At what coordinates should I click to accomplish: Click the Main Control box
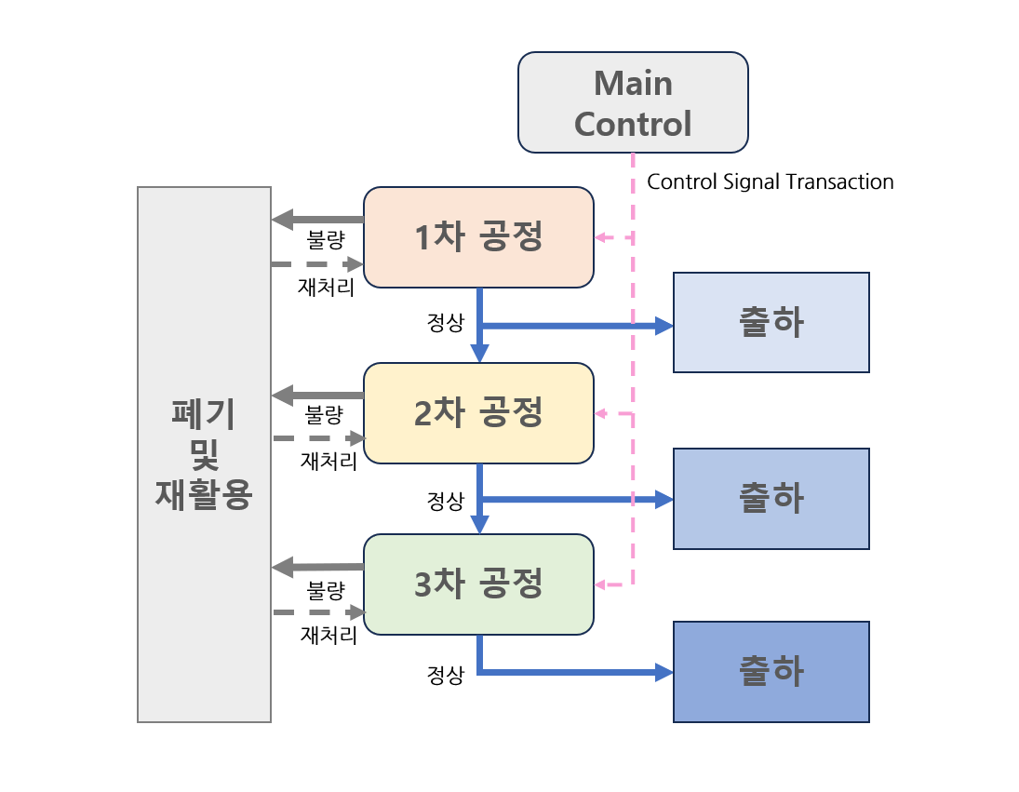633,102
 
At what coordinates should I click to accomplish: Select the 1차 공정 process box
478,237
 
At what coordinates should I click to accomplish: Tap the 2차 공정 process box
478,413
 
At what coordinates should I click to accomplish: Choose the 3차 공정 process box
478,584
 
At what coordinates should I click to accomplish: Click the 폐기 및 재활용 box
204,454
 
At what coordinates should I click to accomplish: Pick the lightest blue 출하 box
771,322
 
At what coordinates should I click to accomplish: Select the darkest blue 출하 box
771,672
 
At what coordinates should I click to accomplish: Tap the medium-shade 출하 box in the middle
771,498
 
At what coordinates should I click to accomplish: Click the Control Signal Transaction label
771,181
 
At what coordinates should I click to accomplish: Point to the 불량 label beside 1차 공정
326,240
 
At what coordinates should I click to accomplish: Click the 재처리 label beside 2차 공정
328,462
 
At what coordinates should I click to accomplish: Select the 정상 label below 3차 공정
445,675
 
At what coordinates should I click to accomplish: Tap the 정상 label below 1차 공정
445,322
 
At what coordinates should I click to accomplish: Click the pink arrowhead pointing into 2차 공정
601,413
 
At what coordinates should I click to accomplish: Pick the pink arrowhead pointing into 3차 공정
601,584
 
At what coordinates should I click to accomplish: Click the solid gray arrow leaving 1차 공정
317,220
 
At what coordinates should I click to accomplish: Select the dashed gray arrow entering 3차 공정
319,612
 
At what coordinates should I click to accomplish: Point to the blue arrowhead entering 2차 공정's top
479,354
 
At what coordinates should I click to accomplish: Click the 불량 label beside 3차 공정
326,591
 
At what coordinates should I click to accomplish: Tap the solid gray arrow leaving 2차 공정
317,395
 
